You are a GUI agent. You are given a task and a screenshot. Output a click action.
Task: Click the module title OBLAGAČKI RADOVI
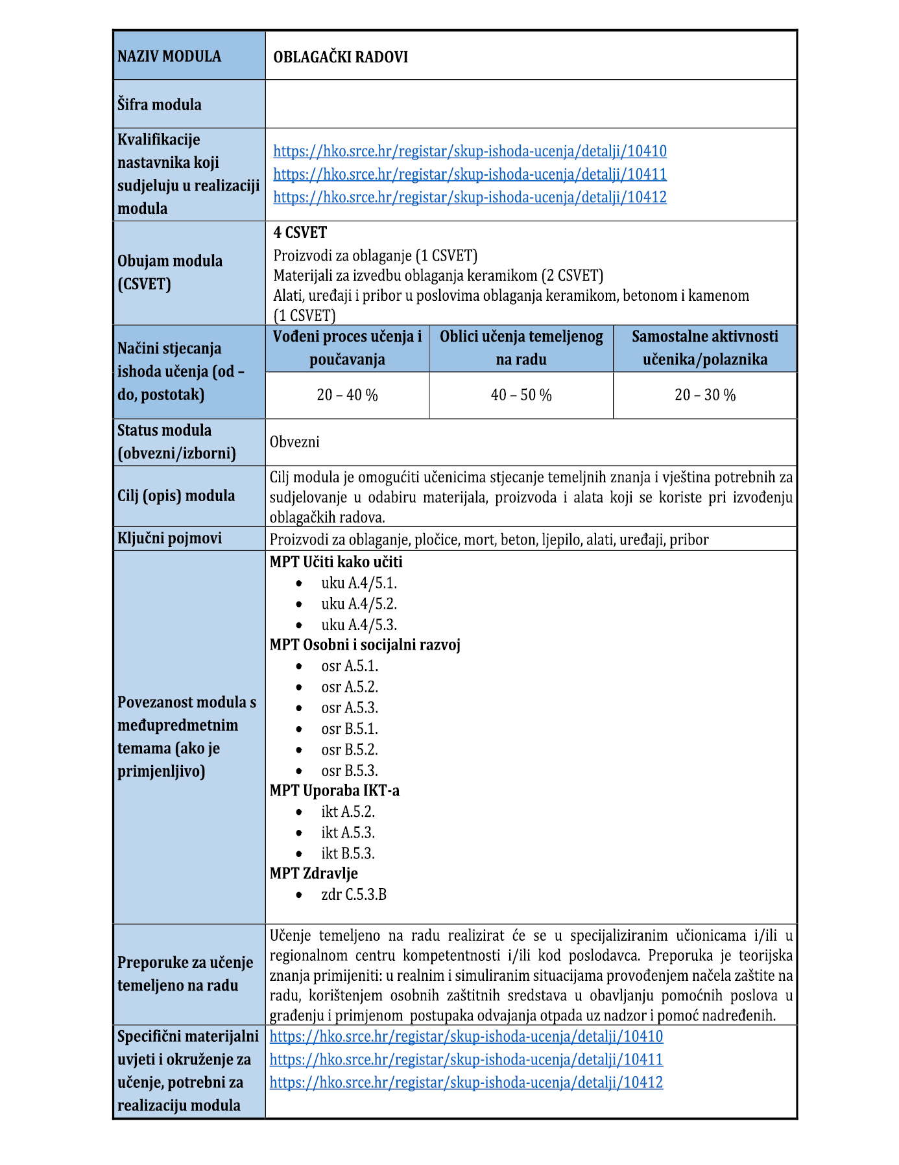click(341, 57)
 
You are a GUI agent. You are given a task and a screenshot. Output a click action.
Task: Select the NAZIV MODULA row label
click(169, 56)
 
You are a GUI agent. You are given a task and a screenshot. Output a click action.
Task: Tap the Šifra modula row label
click(160, 104)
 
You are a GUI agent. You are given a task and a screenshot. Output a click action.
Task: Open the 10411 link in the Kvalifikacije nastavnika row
click(470, 174)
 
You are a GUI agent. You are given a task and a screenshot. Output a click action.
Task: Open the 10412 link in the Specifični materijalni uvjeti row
click(466, 1082)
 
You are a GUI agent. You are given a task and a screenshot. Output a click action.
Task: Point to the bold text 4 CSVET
click(300, 233)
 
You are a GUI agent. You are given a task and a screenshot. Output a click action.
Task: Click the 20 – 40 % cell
click(347, 395)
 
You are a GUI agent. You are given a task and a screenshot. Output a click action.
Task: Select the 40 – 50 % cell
click(521, 395)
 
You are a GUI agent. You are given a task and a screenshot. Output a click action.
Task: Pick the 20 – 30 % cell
click(705, 395)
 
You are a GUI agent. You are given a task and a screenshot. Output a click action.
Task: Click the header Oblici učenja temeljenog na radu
click(521, 348)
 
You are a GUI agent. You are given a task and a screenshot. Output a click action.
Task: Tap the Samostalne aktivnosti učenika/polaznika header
click(705, 348)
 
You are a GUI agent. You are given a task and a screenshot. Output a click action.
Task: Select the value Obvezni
click(294, 442)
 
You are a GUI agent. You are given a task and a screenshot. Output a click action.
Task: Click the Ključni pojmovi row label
click(169, 538)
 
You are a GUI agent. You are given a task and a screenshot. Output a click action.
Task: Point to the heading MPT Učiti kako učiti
click(336, 562)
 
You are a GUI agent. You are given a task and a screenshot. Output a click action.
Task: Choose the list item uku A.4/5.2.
click(359, 604)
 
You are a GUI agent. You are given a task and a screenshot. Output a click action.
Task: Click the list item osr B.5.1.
click(350, 729)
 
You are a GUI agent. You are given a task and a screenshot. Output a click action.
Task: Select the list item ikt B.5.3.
click(348, 853)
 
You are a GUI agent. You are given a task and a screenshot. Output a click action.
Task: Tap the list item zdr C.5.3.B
click(354, 895)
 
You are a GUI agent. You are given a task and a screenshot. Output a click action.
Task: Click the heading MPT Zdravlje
click(314, 873)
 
